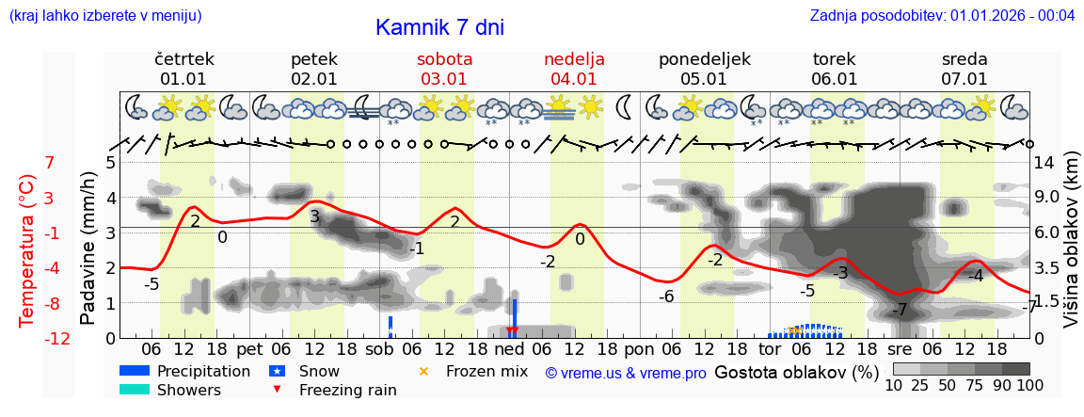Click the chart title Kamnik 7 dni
[x=439, y=27]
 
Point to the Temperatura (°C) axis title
[x=27, y=250]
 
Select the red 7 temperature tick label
[x=49, y=163]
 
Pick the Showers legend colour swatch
[x=135, y=390]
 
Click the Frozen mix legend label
[x=486, y=371]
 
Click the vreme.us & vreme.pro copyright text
[x=626, y=374]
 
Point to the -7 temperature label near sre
[x=899, y=310]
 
